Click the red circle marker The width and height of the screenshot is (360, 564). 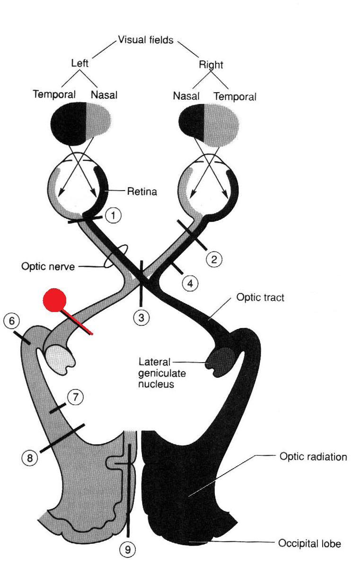click(55, 300)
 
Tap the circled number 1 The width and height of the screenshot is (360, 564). click(113, 216)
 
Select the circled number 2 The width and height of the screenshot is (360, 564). click(214, 259)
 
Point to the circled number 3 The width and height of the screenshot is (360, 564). click(141, 318)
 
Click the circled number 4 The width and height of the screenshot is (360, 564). click(190, 283)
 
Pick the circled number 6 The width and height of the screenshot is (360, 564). click(11, 321)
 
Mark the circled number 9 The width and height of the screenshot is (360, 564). click(127, 549)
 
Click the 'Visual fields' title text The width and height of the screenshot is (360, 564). click(147, 40)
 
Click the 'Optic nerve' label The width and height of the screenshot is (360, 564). click(48, 267)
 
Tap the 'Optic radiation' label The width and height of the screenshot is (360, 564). click(313, 457)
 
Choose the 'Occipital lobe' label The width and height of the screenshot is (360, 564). click(309, 544)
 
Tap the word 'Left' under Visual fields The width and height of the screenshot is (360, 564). click(79, 63)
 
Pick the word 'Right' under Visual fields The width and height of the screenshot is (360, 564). click(211, 65)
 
